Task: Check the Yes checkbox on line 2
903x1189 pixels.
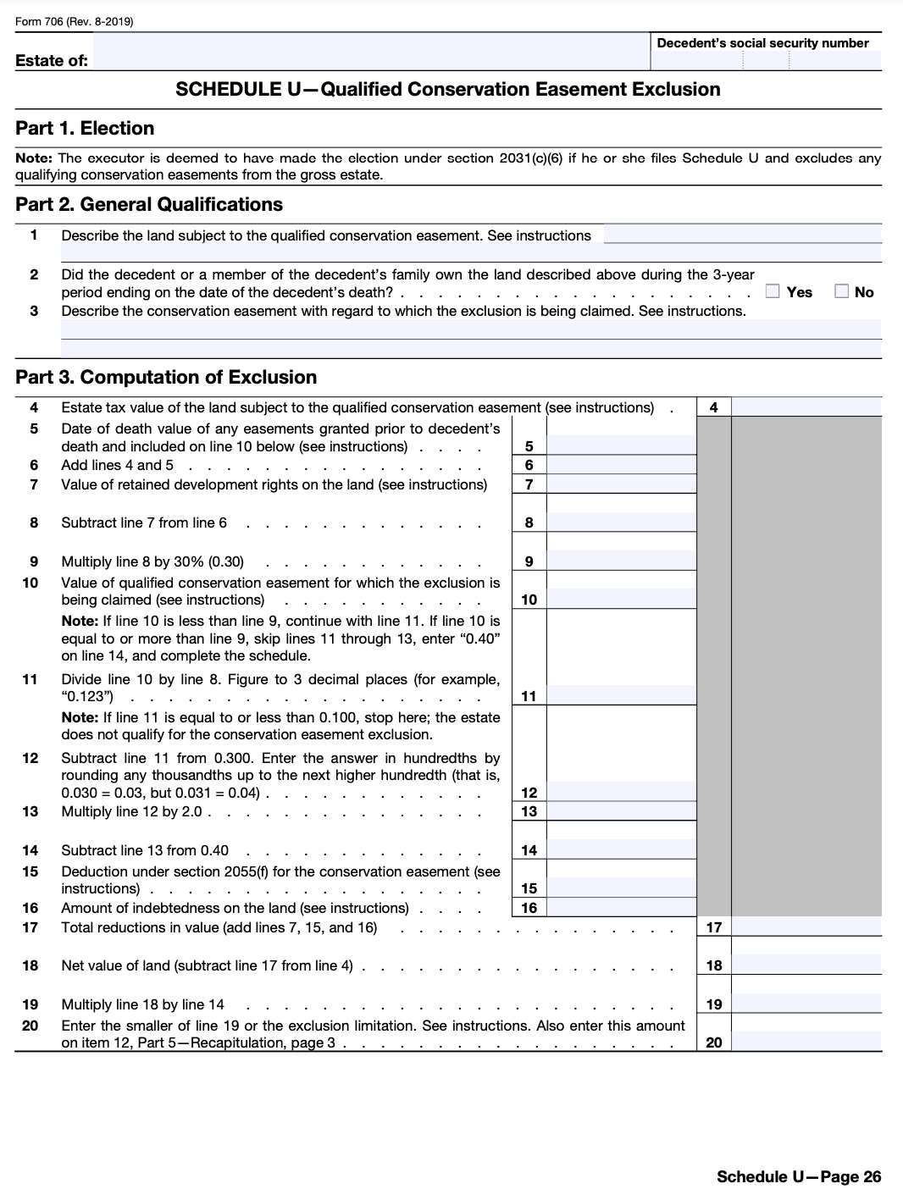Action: tap(772, 291)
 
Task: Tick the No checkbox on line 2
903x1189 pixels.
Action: tap(841, 291)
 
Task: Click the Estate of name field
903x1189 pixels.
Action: tap(368, 59)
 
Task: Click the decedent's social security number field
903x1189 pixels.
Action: tap(766, 60)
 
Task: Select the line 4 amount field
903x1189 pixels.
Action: tap(806, 407)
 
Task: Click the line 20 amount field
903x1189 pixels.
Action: tap(806, 1042)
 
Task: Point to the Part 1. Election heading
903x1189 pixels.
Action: tap(85, 129)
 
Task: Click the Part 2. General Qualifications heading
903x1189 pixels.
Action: tap(149, 205)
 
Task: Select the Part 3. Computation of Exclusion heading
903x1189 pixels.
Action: tap(166, 378)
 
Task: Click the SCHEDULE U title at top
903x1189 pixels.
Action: tap(447, 90)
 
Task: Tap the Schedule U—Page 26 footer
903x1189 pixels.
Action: tap(798, 1176)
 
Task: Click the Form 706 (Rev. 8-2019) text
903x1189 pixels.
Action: tap(75, 21)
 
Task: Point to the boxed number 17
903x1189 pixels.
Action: tap(713, 927)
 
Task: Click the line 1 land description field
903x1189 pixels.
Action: tap(742, 235)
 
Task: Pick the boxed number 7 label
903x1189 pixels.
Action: tap(529, 484)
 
